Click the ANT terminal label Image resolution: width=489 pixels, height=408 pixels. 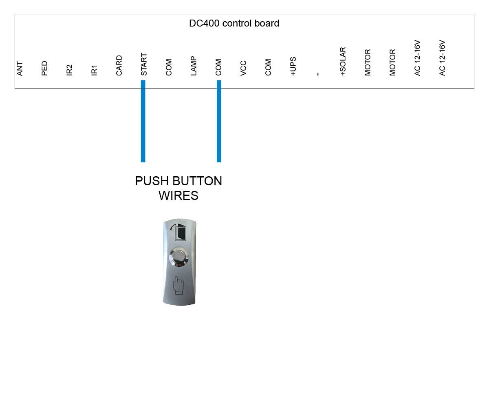[20, 69]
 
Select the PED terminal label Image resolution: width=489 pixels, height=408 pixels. [44, 68]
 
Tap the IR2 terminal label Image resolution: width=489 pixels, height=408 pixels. [69, 70]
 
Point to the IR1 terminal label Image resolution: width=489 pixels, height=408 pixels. [94, 70]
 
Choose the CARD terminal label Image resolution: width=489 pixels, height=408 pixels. [119, 65]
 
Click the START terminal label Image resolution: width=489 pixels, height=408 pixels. [144, 64]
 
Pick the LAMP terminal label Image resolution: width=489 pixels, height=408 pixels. [194, 66]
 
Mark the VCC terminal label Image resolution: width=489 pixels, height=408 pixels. [243, 68]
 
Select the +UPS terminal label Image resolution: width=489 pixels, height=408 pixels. [293, 66]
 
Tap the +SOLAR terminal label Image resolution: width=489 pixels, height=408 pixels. [343, 62]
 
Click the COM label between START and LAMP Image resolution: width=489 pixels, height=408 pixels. [169, 67]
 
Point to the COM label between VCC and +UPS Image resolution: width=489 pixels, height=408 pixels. [268, 67]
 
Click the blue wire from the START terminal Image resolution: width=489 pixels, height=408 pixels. [143, 121]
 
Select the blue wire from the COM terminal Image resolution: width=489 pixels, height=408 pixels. [219, 121]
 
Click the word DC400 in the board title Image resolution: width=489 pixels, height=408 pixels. [204, 23]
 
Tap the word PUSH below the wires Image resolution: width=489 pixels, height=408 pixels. [152, 181]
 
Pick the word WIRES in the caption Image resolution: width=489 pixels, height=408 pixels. [178, 195]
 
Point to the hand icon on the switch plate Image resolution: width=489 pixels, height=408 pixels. [178, 285]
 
